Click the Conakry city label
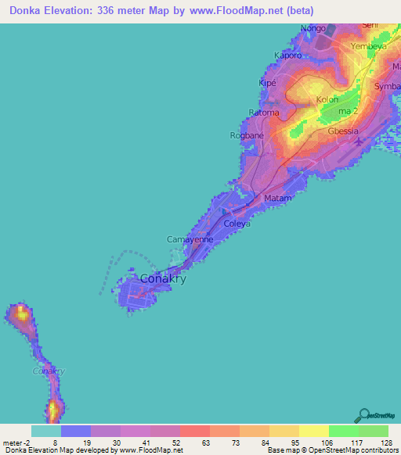pos(162,279)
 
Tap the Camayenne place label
pos(190,239)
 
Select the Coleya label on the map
pos(237,224)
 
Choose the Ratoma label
pos(264,113)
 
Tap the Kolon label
pos(327,100)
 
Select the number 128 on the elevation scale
pos(386,442)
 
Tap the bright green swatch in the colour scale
pos(343,431)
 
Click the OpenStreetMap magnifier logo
pos(363,415)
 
